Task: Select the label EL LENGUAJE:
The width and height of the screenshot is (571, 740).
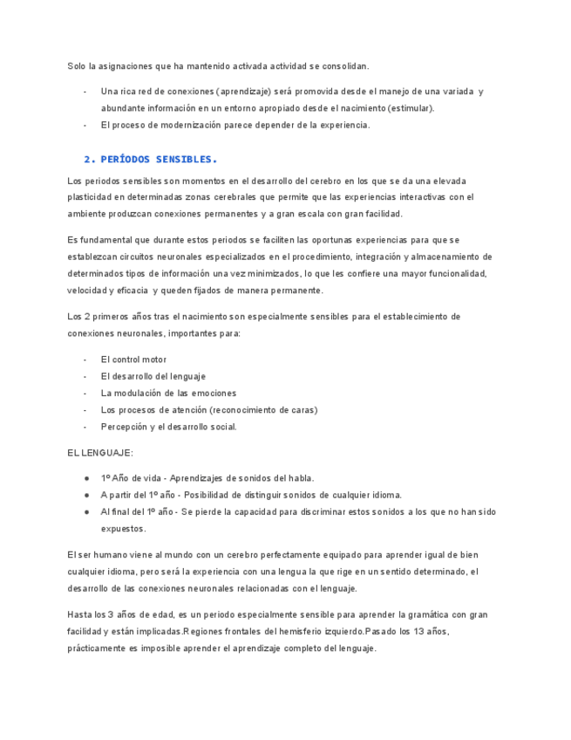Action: (x=100, y=453)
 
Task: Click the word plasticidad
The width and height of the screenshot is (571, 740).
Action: (x=91, y=197)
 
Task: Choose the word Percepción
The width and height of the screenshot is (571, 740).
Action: (x=123, y=427)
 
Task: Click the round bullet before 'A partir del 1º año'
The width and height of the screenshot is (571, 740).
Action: (x=86, y=495)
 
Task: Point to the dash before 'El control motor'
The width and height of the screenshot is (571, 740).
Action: (x=85, y=360)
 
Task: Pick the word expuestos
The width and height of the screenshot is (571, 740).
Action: (x=124, y=529)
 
